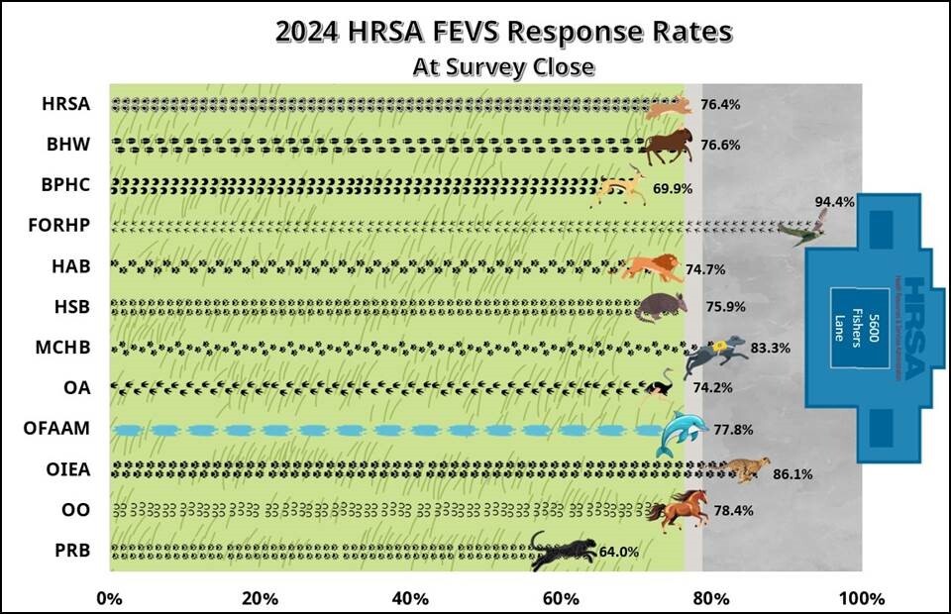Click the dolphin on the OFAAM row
click(680, 433)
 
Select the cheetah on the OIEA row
click(742, 469)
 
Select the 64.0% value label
click(619, 552)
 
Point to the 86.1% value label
click(792, 474)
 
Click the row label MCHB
click(67, 348)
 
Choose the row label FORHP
click(61, 225)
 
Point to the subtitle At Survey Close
click(503, 67)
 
